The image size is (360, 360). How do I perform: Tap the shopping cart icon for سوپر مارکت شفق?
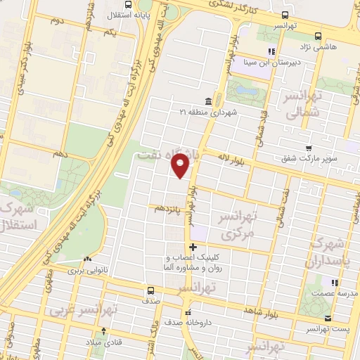(309, 148)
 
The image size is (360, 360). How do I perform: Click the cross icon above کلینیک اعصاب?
(193, 247)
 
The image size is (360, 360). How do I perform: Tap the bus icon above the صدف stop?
(150, 290)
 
